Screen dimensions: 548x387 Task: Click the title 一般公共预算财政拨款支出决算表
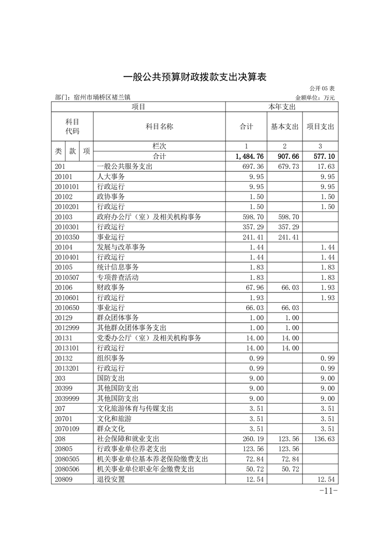193,77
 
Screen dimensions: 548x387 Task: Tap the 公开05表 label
322,89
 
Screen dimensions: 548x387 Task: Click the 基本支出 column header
285,126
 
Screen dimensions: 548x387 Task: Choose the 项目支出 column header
320,126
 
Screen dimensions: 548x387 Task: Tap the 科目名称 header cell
160,126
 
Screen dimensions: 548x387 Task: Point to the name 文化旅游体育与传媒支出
135,408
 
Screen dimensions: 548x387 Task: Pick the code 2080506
67,469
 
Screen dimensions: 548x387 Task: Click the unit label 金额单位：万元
315,98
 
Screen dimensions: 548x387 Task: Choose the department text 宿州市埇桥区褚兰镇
102,98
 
